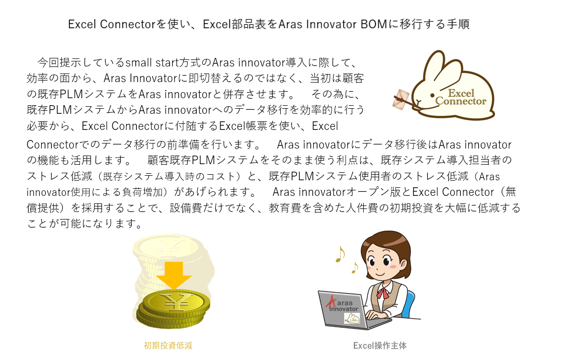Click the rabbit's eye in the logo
point(432,95)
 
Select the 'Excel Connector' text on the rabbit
point(460,97)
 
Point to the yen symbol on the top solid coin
point(177,302)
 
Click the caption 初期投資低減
point(168,345)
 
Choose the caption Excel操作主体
point(380,345)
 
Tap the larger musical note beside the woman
point(340,254)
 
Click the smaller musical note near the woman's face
point(355,267)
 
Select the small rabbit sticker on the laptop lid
point(352,319)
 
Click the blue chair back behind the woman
point(410,304)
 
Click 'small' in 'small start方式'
point(139,63)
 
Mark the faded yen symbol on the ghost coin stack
point(168,248)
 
